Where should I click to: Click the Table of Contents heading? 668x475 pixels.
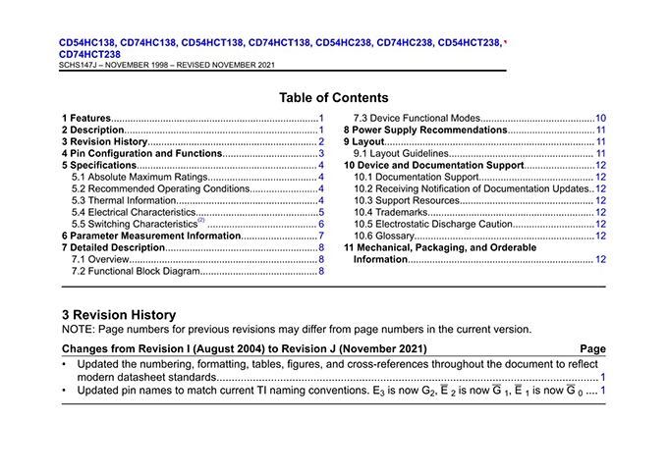[333, 97]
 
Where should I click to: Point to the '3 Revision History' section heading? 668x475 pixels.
[119, 314]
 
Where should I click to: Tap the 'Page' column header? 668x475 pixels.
[593, 348]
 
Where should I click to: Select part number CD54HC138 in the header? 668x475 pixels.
[87, 43]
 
